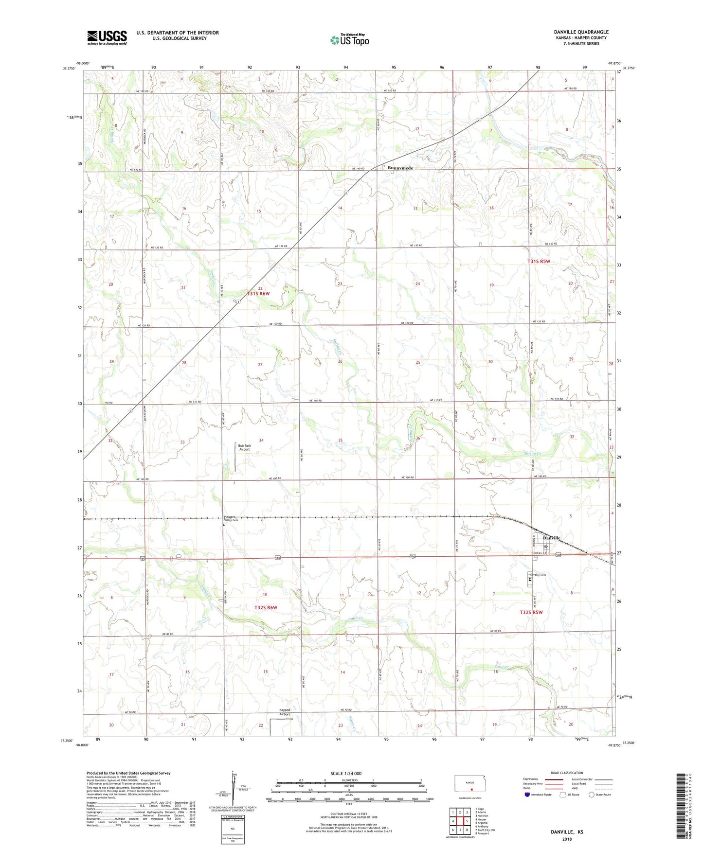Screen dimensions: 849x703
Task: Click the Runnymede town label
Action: pos(400,168)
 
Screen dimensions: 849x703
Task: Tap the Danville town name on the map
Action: pos(551,538)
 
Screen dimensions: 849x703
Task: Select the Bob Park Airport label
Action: pos(244,447)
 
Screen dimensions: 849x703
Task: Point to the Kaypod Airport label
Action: pos(285,712)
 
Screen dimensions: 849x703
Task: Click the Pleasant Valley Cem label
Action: pos(231,518)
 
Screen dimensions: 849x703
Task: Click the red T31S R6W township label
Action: pos(258,294)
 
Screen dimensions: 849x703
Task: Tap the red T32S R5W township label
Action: pos(531,612)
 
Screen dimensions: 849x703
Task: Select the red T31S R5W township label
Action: pos(539,262)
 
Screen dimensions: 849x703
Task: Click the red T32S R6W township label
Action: pos(266,608)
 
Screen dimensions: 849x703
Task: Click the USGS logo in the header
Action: pos(107,37)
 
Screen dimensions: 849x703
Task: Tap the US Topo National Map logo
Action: pos(349,39)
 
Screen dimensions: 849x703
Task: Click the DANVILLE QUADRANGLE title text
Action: pos(581,32)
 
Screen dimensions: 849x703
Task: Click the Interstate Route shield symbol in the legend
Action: pos(527,795)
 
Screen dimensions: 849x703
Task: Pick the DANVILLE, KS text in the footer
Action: pos(567,832)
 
